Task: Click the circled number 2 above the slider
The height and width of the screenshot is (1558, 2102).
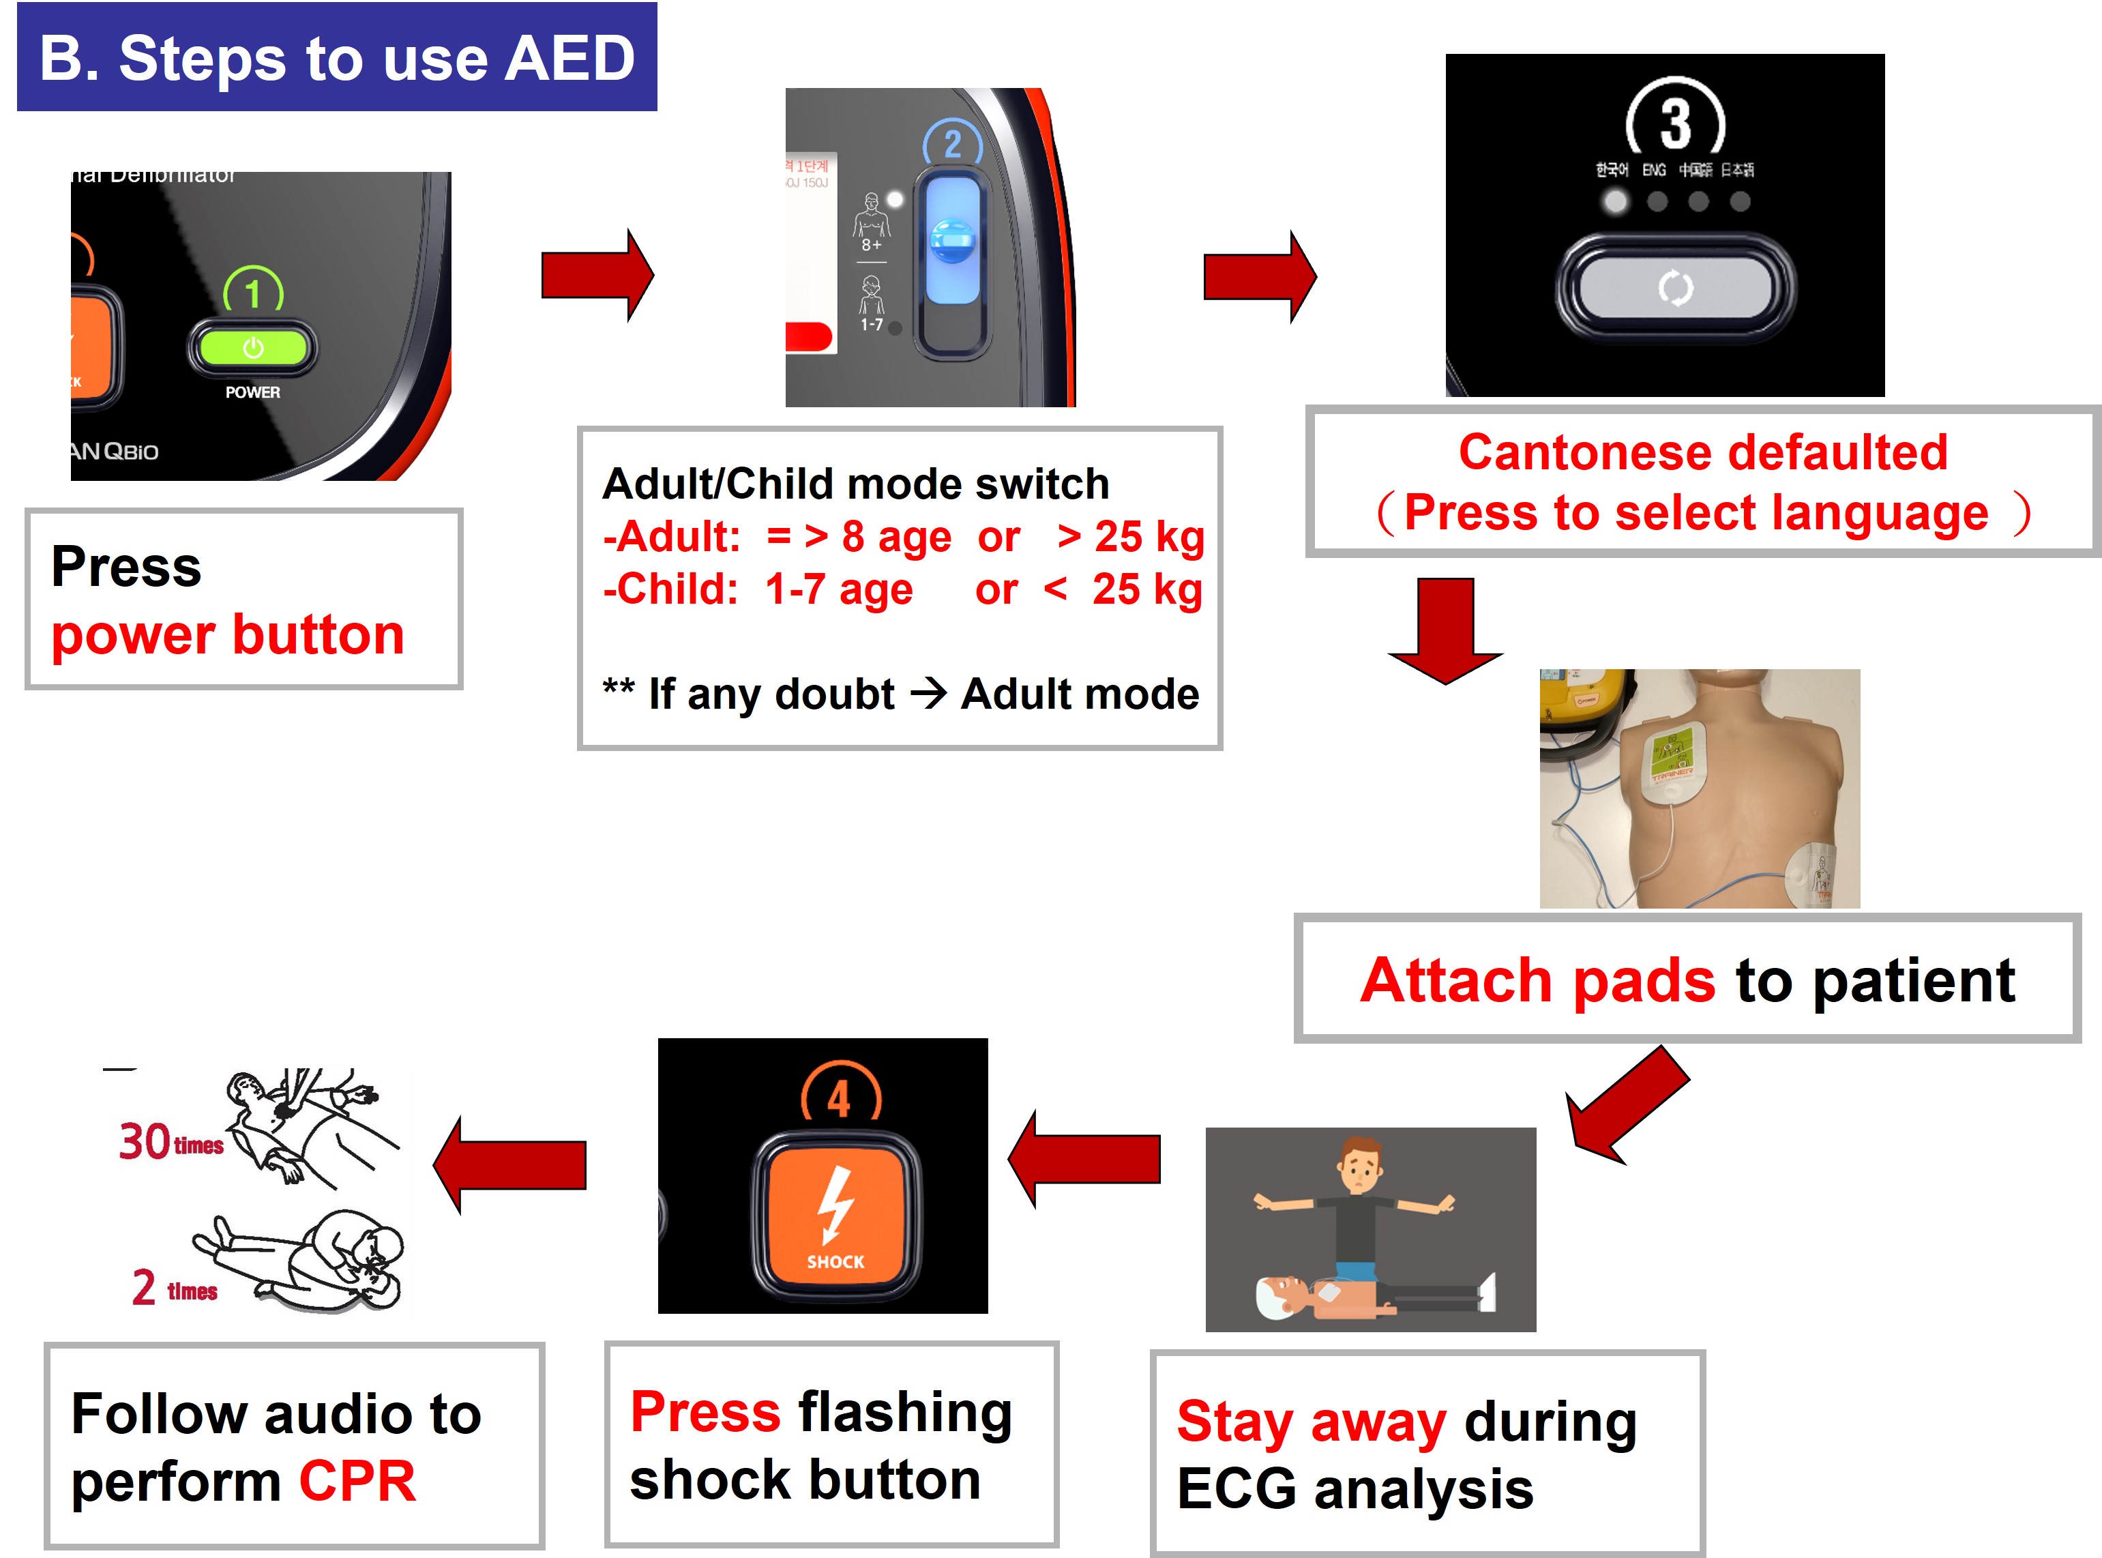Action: click(x=953, y=145)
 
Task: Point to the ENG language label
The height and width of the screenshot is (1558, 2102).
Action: click(x=1653, y=170)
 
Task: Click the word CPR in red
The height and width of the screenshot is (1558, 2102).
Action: click(x=357, y=1481)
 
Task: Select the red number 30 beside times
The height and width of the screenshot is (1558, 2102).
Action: click(x=145, y=1141)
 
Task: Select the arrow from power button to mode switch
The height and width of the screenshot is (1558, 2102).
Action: click(x=597, y=276)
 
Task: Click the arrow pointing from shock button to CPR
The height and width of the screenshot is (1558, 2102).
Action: click(x=511, y=1164)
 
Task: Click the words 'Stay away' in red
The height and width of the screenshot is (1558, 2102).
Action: click(x=1310, y=1422)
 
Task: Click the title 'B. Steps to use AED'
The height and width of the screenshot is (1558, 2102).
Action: click(x=337, y=59)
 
